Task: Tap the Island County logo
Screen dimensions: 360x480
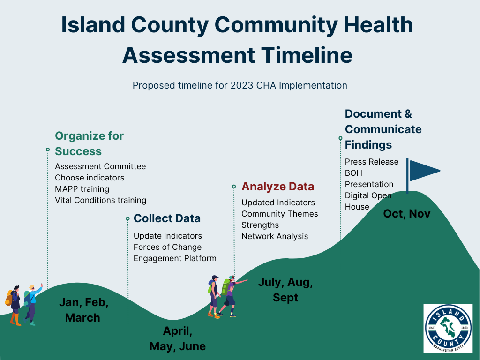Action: (x=448, y=328)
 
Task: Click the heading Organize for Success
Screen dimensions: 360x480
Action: (x=89, y=143)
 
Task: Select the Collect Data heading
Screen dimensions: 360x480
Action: (x=167, y=218)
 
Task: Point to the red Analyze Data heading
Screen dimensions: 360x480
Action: (x=277, y=187)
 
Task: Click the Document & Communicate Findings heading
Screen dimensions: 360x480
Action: (x=383, y=129)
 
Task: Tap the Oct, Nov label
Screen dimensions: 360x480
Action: (x=406, y=214)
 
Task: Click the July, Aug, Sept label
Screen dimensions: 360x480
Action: (x=285, y=290)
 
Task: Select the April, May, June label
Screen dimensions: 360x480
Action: (x=177, y=338)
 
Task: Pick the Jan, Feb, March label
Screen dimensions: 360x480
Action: (x=83, y=310)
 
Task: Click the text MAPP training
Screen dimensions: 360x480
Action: (x=82, y=189)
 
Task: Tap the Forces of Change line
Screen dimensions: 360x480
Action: (x=167, y=247)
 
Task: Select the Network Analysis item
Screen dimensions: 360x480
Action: (x=275, y=236)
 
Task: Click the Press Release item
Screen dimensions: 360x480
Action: (x=372, y=162)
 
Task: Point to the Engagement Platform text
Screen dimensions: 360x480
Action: (x=175, y=258)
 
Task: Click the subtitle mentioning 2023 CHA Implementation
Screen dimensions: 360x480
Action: (x=240, y=85)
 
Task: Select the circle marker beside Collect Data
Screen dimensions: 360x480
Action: (x=127, y=218)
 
